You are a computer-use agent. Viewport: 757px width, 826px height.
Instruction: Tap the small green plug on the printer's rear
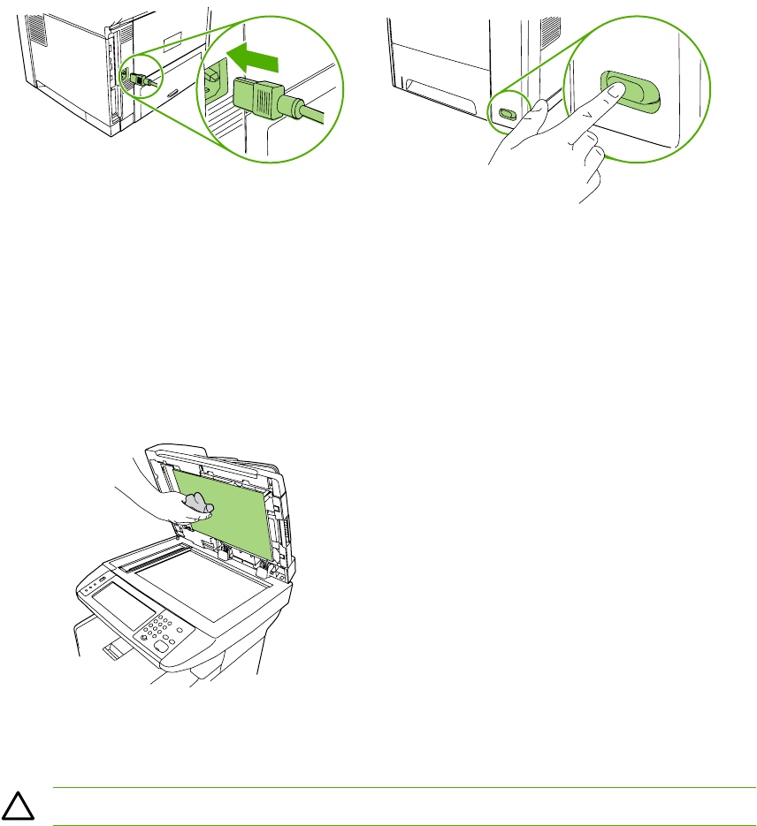(x=140, y=79)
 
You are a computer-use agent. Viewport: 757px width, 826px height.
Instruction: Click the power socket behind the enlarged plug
(x=215, y=81)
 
